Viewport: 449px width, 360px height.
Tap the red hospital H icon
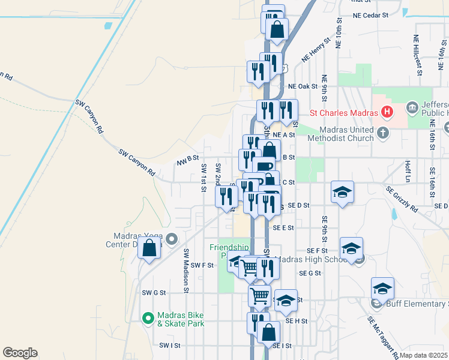(388, 112)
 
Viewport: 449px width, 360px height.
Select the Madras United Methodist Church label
(340, 134)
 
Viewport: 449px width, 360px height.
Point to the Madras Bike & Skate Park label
(181, 319)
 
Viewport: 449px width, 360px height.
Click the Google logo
(20, 353)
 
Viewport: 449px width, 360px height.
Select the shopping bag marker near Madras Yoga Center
(149, 248)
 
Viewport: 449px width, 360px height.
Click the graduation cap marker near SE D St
(342, 192)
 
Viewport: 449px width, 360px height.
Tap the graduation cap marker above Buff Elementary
(382, 289)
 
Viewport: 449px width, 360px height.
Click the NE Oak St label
(302, 86)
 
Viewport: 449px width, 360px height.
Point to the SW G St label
(153, 293)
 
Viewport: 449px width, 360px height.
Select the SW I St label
(170, 346)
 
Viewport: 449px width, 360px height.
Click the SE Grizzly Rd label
(402, 200)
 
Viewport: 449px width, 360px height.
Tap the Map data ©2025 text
(424, 355)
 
